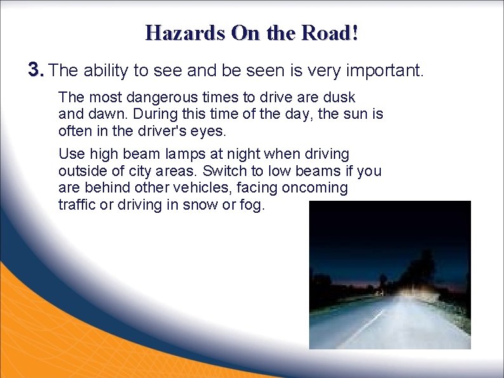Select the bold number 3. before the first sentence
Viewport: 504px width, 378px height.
(36, 70)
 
